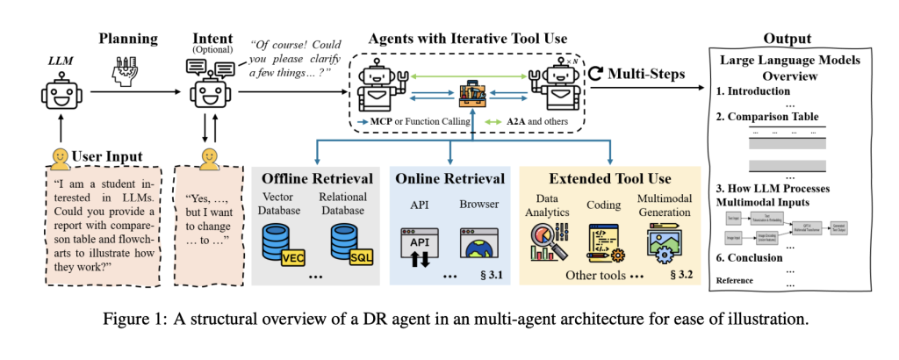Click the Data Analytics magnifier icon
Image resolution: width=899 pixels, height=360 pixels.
550,241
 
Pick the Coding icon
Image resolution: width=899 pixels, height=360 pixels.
606,241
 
